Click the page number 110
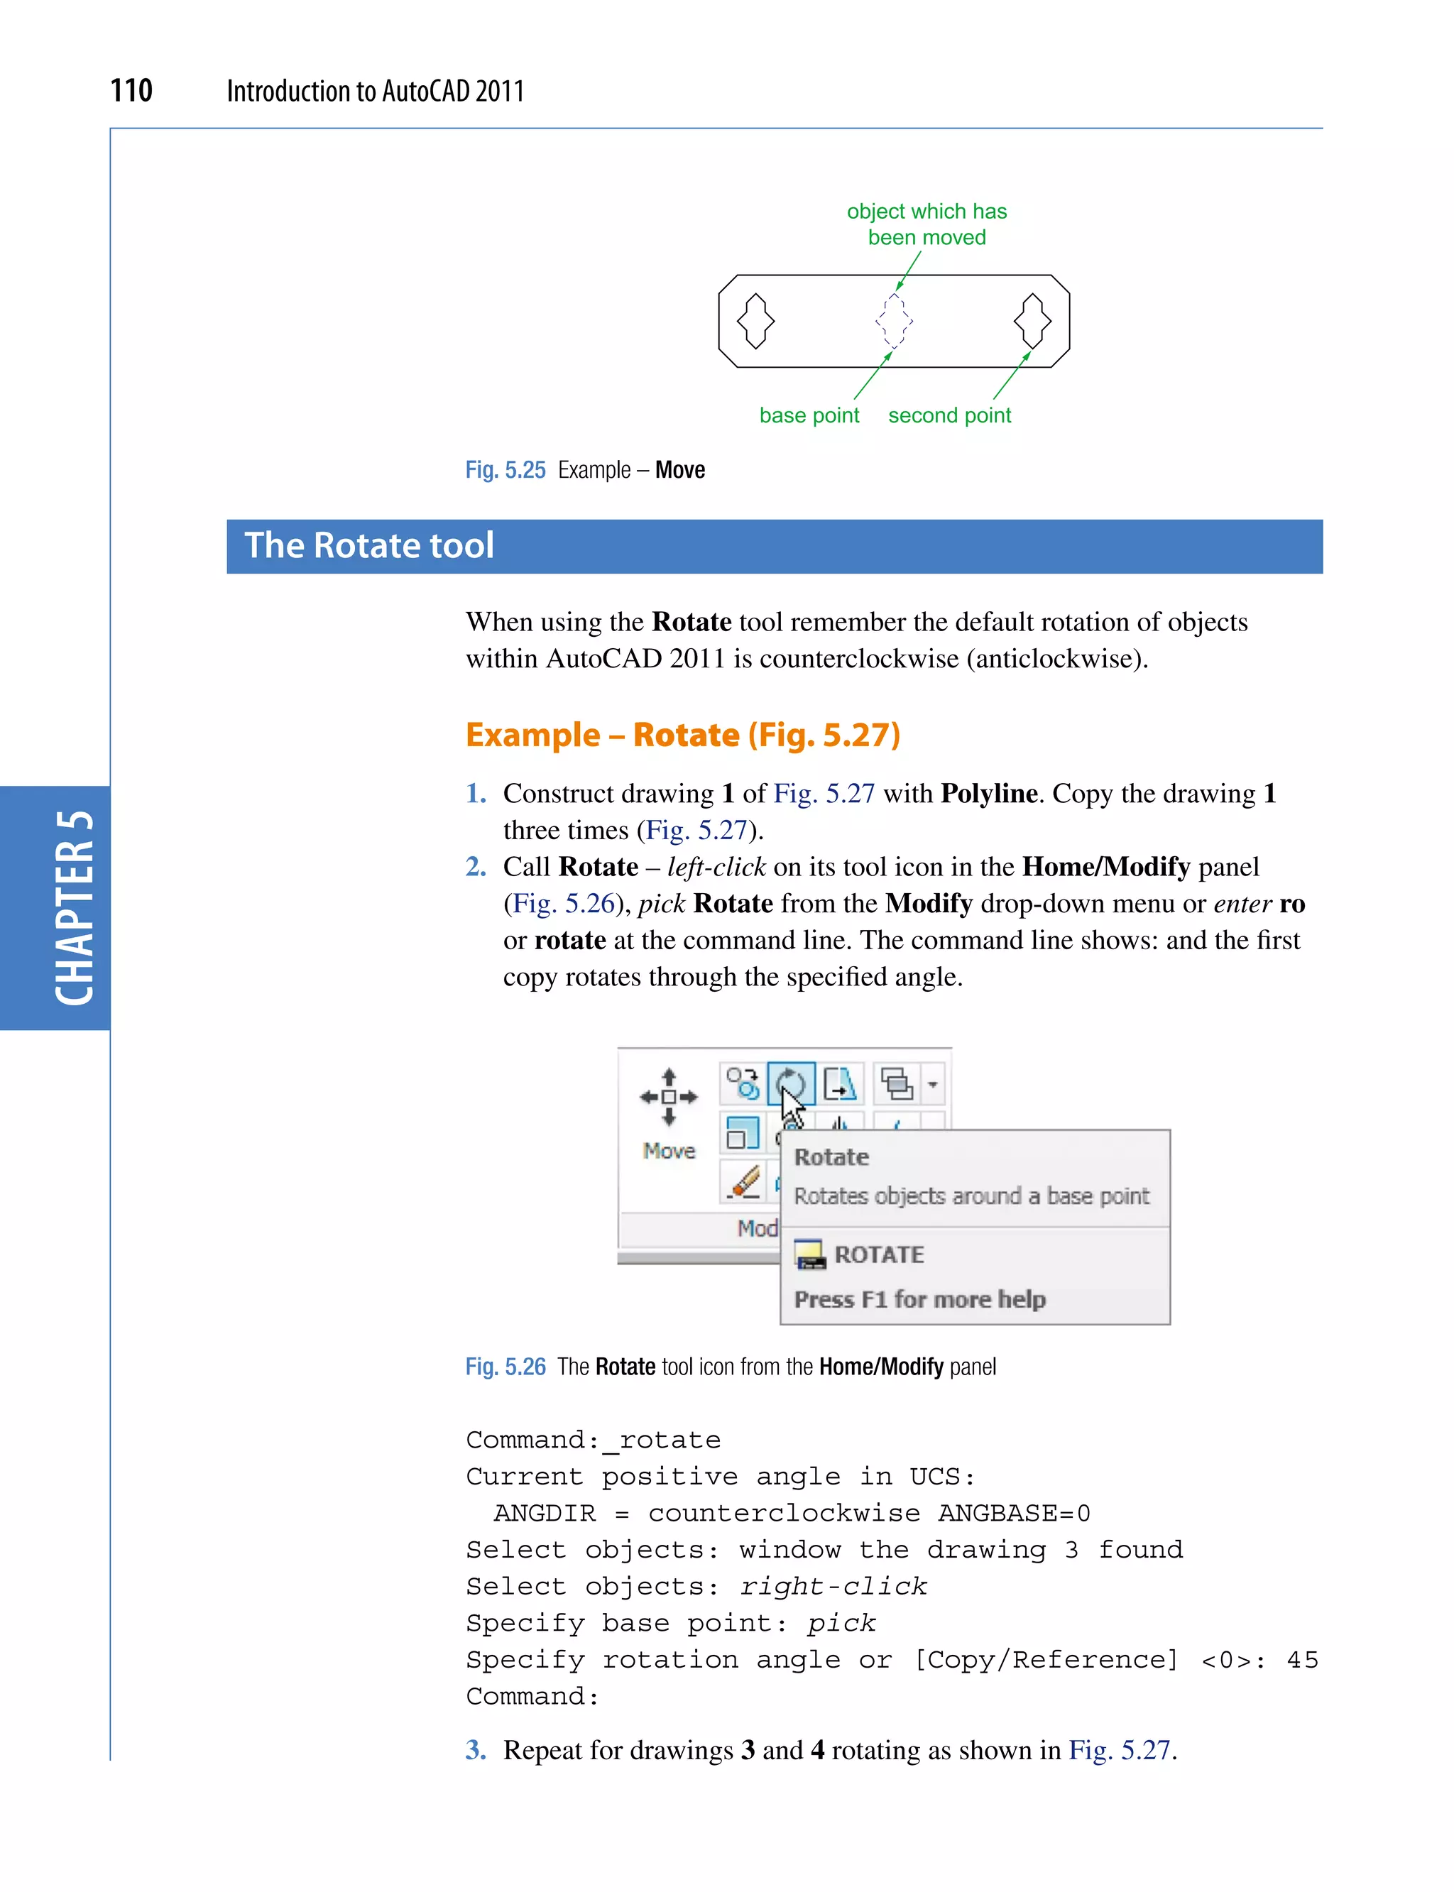coord(131,91)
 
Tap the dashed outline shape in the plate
coord(893,321)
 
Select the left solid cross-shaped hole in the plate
coord(755,321)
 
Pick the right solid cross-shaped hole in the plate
coord(1032,321)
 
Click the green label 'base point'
coord(809,416)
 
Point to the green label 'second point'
coord(949,416)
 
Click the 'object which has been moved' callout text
coord(927,224)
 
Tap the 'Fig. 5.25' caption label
coord(505,470)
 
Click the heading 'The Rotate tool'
coord(370,546)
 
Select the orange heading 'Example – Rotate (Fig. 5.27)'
coord(683,735)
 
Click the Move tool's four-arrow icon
coord(668,1098)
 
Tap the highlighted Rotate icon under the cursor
coord(790,1083)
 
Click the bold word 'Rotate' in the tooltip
coord(831,1157)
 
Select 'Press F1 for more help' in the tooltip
coord(920,1299)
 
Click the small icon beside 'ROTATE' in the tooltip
coord(811,1255)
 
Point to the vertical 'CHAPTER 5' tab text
coord(75,908)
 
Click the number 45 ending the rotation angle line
coord(1301,1660)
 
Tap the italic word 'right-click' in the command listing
coord(833,1587)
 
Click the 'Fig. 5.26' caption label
coord(505,1367)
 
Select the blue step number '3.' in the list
coord(476,1750)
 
